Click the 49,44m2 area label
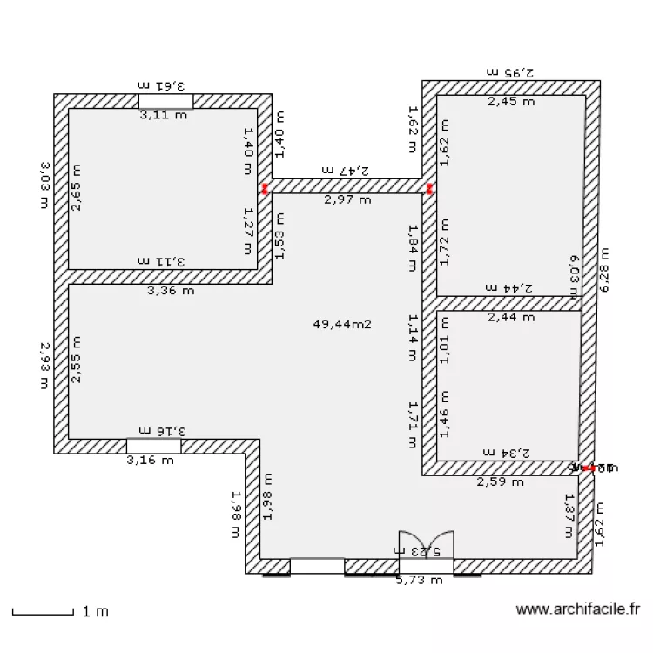pos(342,324)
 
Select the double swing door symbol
pos(426,545)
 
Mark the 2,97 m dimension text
pos(347,199)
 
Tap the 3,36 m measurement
pos(171,291)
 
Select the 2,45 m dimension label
pos(511,102)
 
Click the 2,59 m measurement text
pos(500,481)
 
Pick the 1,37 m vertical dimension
pos(569,515)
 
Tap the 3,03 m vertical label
pos(44,184)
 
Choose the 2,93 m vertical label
pos(44,365)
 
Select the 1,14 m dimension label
pos(414,336)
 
